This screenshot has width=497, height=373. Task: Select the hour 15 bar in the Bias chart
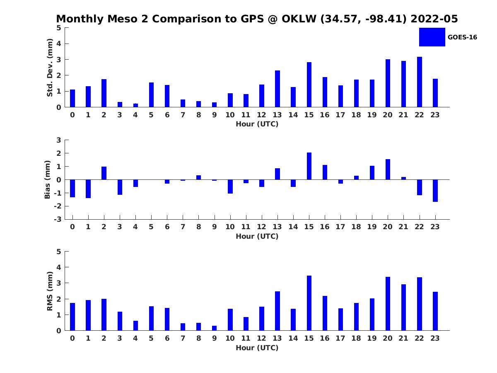coord(309,166)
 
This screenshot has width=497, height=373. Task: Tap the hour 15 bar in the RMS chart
coord(309,303)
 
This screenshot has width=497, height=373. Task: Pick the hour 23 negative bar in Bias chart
coord(435,191)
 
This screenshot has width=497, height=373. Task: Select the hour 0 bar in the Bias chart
coord(72,188)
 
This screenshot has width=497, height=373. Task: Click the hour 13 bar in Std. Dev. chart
coord(277,89)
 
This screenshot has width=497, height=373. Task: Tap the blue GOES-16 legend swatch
coord(432,37)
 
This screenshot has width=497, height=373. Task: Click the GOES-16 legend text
coord(462,37)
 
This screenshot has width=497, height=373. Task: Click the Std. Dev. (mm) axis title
coord(50,68)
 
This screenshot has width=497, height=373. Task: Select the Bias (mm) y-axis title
coord(48,179)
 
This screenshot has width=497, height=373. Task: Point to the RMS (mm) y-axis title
coord(50,291)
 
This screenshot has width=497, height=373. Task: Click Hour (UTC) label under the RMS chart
coord(257,348)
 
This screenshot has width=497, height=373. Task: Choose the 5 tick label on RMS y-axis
coord(59,252)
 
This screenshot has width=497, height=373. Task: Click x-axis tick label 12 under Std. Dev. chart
coord(262,115)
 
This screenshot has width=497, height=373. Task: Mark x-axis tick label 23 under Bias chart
coord(435,227)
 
